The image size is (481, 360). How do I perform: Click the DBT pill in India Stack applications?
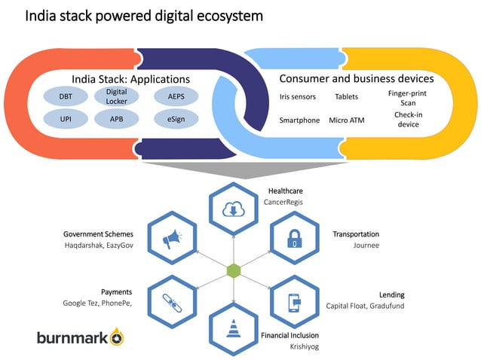[x=66, y=96]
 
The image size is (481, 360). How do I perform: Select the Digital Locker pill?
[x=116, y=96]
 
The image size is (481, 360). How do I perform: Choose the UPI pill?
[x=66, y=119]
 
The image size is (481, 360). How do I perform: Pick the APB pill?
[x=116, y=119]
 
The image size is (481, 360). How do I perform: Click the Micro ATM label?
[x=345, y=120]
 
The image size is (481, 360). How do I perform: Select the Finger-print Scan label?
[x=408, y=98]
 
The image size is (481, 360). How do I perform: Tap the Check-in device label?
[x=408, y=119]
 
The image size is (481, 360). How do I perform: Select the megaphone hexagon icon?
[x=173, y=239]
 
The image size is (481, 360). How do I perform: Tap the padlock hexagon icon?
[x=294, y=239]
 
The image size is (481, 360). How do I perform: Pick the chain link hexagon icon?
[x=173, y=301]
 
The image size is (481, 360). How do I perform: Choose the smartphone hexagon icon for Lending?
[x=294, y=301]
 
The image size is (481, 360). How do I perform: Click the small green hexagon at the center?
[x=234, y=270]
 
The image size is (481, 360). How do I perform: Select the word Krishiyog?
[x=304, y=346]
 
